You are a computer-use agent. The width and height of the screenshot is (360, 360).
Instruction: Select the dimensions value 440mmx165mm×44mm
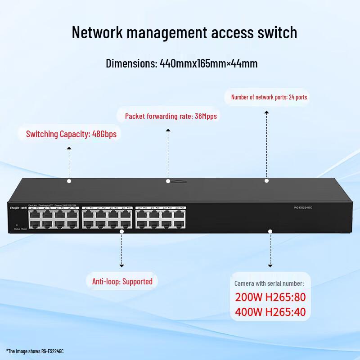click(208, 63)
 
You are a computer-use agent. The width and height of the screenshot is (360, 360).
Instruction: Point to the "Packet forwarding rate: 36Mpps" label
click(171, 116)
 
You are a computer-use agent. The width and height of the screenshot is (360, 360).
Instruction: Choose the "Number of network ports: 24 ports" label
click(269, 97)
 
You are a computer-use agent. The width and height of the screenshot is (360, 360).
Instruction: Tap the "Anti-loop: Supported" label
click(122, 282)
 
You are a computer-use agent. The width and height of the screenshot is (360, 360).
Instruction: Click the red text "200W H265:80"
click(270, 297)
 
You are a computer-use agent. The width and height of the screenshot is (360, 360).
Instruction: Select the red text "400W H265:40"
click(270, 311)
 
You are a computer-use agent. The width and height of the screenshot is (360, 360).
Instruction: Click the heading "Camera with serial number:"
click(269, 283)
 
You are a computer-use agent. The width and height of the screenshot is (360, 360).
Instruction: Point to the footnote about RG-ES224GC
click(35, 351)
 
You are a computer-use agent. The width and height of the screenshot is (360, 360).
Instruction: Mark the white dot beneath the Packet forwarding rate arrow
click(168, 181)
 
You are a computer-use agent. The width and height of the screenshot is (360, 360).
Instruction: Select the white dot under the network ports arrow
click(266, 180)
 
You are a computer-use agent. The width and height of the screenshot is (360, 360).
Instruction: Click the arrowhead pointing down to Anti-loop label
click(121, 266)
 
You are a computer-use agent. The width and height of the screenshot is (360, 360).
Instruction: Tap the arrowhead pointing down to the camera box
click(270, 266)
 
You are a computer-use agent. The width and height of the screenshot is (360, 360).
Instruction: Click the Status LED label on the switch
click(17, 229)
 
